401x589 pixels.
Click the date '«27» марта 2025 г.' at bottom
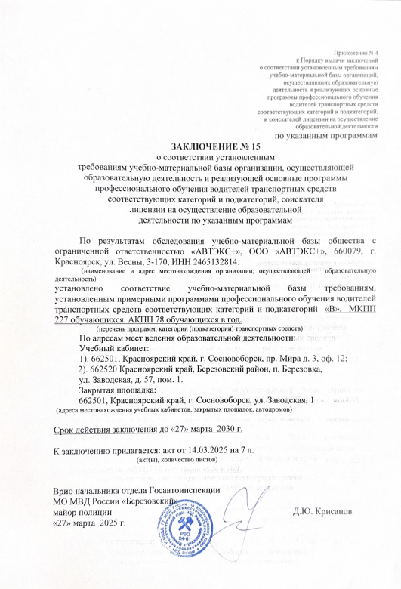point(89,522)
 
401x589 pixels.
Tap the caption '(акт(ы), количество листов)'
point(180,460)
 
